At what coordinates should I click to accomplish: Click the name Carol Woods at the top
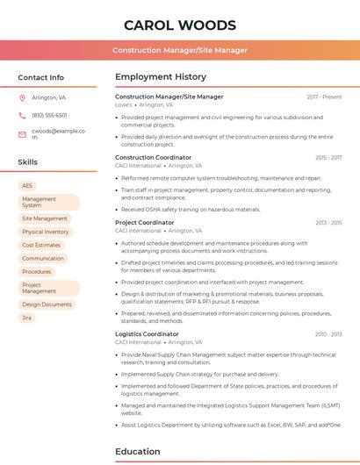coord(180,25)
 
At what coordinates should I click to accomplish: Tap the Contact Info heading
coord(40,77)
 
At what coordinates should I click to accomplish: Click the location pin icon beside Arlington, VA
coord(22,97)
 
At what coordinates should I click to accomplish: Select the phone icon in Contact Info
coord(22,115)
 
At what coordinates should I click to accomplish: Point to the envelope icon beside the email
coord(22,134)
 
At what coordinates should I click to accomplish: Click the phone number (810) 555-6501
coord(49,115)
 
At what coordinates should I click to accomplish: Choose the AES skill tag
coord(27,186)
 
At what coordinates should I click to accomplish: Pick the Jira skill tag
coord(27,318)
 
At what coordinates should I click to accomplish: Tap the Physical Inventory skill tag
coord(45,232)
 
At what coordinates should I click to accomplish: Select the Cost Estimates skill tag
coord(41,245)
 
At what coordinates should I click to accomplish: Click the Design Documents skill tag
coord(47,304)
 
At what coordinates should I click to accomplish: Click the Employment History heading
coord(160,77)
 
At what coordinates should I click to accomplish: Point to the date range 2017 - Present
coord(324,97)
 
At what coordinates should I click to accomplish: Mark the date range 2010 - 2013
coord(328,334)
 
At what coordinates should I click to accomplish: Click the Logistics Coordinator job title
coord(147,334)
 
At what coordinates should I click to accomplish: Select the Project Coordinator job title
coord(144,223)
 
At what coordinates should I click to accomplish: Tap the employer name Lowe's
coord(124,104)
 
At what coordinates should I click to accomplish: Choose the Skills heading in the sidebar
coord(28,162)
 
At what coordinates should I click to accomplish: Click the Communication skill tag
coord(43,258)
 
